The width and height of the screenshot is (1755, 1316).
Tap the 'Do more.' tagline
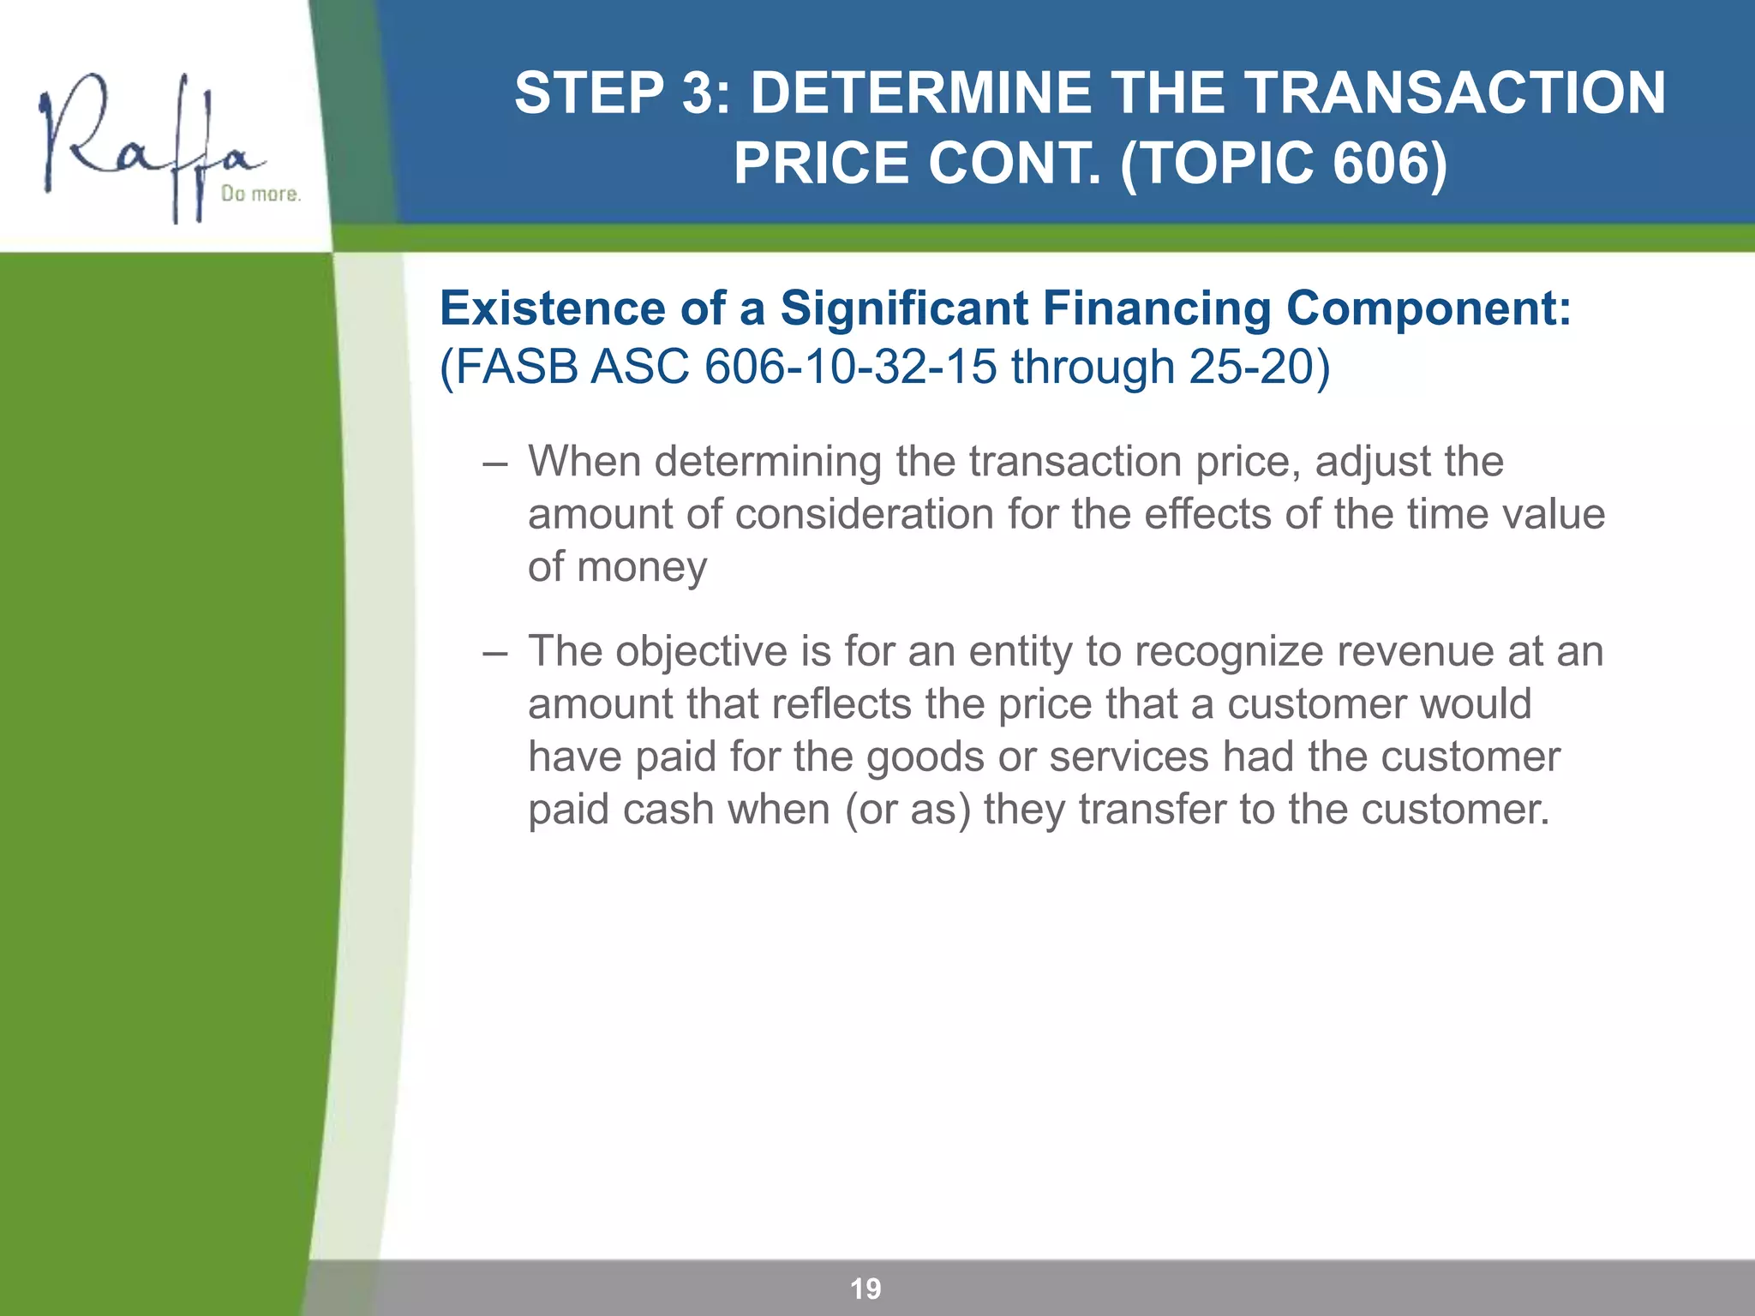[261, 194]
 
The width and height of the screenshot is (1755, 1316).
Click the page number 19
[866, 1289]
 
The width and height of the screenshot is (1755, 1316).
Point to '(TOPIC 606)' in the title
[1283, 163]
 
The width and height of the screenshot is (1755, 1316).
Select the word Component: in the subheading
[1429, 308]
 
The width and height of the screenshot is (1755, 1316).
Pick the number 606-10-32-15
[850, 367]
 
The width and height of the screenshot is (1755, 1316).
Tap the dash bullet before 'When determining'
[494, 464]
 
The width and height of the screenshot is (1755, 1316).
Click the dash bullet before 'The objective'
[494, 653]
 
